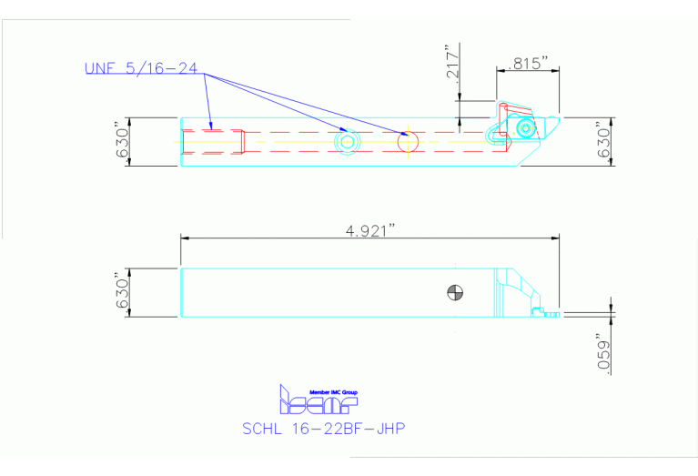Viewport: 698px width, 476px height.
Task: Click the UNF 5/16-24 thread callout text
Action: click(x=140, y=68)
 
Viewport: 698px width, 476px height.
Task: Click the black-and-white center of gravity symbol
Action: click(x=456, y=292)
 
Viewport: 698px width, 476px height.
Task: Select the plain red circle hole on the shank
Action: click(x=408, y=141)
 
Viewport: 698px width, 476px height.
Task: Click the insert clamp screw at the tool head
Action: click(x=525, y=130)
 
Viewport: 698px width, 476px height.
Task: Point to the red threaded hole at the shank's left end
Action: click(x=214, y=142)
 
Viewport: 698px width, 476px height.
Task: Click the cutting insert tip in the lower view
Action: click(x=551, y=313)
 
